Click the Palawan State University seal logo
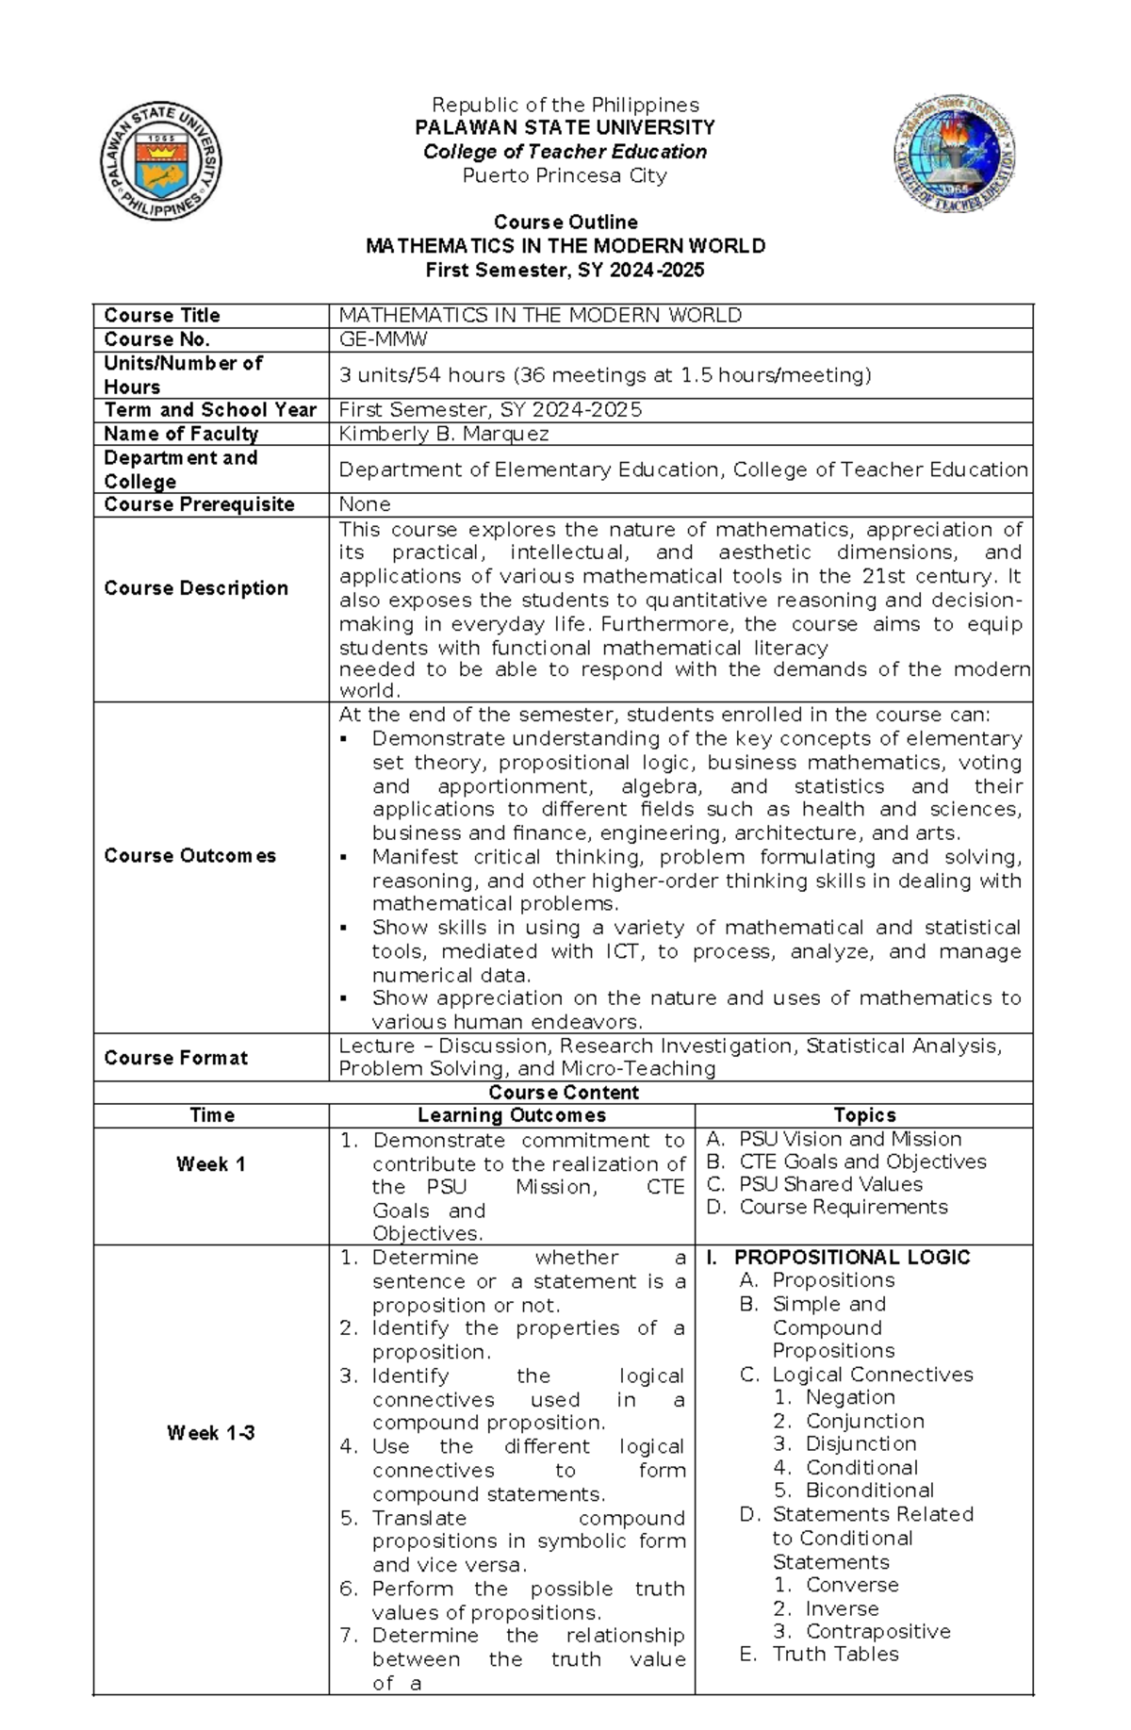(x=161, y=161)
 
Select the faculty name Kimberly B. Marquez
(x=443, y=434)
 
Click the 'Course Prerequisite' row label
(x=199, y=504)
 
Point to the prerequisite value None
(x=364, y=504)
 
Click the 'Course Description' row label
(x=196, y=588)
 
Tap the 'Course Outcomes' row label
(x=189, y=856)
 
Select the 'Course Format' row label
(x=176, y=1058)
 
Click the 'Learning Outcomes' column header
(x=512, y=1115)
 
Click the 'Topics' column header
(x=864, y=1115)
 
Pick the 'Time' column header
(x=212, y=1115)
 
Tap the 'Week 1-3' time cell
(x=211, y=1433)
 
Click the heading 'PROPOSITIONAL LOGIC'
(x=852, y=1257)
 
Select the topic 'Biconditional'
(x=869, y=1491)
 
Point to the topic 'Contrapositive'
(x=877, y=1631)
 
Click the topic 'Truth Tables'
(x=835, y=1654)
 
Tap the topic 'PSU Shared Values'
(x=830, y=1184)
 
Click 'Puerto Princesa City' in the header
(x=565, y=175)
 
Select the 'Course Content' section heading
(x=564, y=1093)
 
